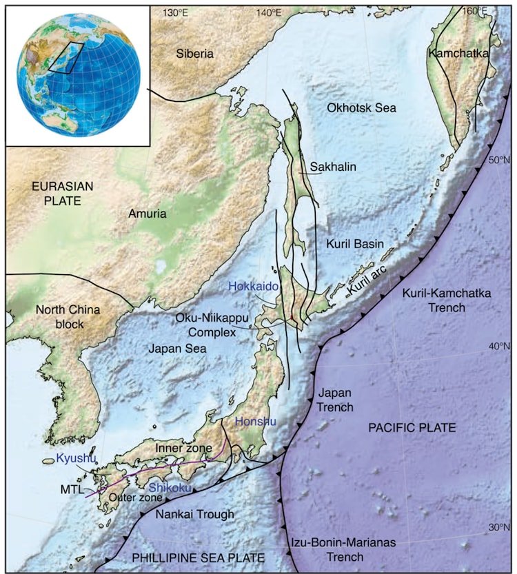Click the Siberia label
point(195,54)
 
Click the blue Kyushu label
point(75,458)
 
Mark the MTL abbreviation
point(72,489)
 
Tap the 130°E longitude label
point(175,12)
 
